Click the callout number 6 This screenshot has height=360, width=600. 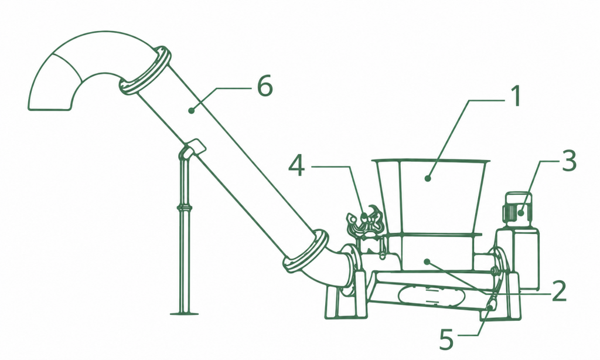point(265,86)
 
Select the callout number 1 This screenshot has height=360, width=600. point(516,96)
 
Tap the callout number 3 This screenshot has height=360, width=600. point(568,161)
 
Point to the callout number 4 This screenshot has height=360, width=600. point(296,166)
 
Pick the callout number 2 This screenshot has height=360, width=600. point(558,291)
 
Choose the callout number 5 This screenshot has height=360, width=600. point(446,339)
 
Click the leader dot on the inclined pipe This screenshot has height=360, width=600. point(192,111)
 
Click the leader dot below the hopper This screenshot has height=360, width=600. point(427,261)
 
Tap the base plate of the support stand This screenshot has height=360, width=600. point(185,313)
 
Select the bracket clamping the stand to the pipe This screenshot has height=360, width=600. point(194,147)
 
